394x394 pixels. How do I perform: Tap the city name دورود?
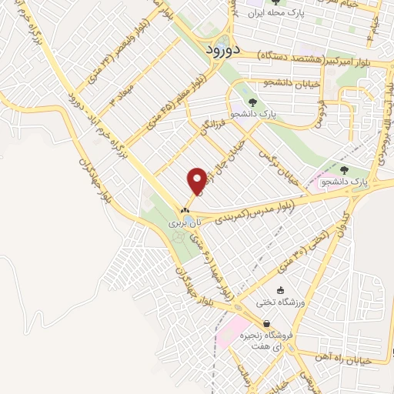[x=225, y=48]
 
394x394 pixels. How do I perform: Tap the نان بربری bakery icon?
[x=185, y=211]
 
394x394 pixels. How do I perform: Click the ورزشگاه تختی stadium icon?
[x=280, y=291]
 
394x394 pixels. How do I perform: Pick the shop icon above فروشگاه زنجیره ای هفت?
[x=266, y=323]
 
